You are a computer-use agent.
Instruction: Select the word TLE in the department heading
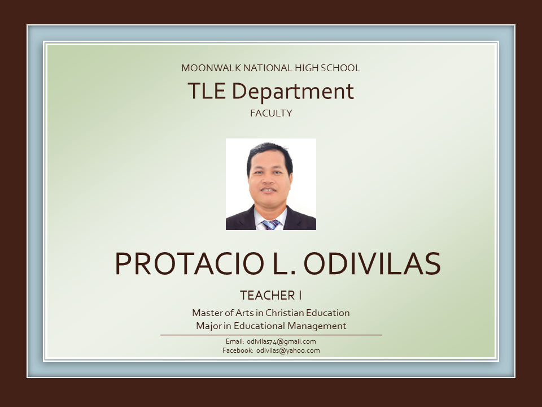(x=207, y=91)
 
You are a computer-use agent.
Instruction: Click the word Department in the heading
(x=293, y=92)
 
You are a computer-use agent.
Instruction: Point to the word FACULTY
(x=271, y=113)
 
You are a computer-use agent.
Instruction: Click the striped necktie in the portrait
(x=270, y=224)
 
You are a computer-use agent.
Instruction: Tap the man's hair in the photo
(x=269, y=153)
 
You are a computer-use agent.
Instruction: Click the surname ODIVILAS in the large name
(x=372, y=264)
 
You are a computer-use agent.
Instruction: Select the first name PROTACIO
(x=190, y=264)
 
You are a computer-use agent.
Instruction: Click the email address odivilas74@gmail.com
(x=281, y=341)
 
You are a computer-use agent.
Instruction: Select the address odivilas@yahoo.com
(x=288, y=350)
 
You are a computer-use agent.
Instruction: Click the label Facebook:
(x=238, y=350)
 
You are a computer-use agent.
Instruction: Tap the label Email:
(x=235, y=341)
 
